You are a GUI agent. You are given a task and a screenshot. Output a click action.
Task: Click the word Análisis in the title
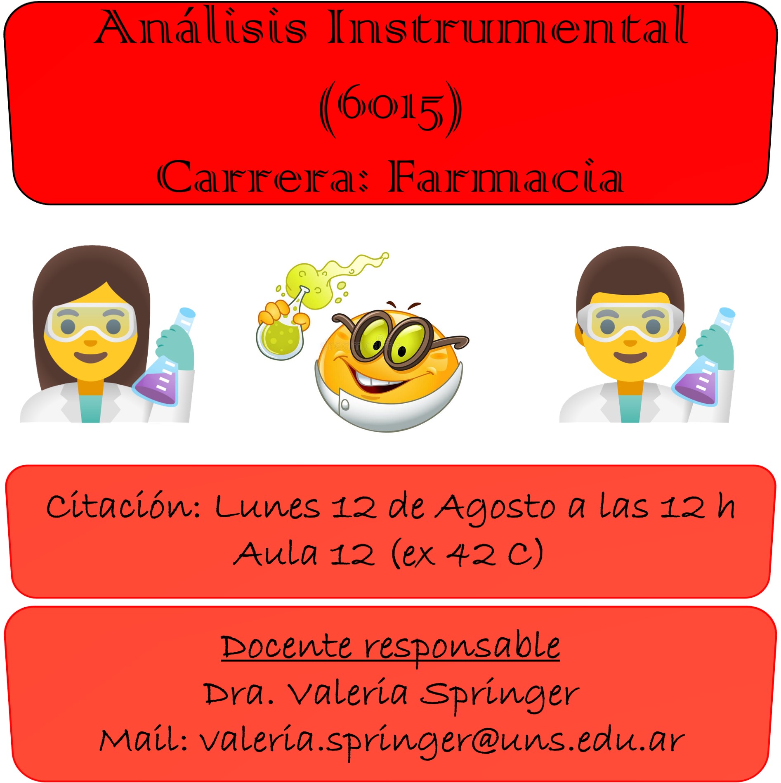pyautogui.click(x=201, y=26)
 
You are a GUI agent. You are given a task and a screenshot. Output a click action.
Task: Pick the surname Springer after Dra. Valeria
pyautogui.click(x=500, y=695)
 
